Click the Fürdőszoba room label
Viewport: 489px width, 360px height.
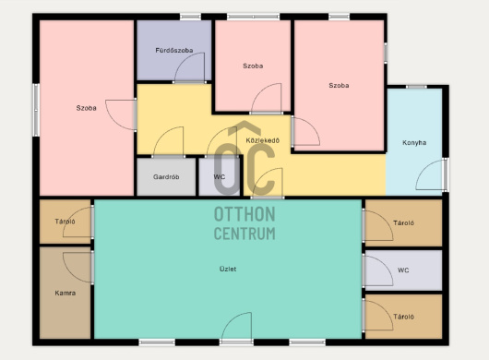[174, 50]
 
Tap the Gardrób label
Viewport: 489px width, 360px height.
[166, 177]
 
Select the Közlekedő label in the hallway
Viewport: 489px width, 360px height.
[263, 140]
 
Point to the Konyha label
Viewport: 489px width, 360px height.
[414, 142]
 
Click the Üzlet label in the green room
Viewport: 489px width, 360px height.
[228, 269]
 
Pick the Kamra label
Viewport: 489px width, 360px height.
[66, 293]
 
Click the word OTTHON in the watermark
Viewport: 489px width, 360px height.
[244, 214]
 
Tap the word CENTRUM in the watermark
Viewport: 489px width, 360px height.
[244, 234]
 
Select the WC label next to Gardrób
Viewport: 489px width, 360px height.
[220, 177]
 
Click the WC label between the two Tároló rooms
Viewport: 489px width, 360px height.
[403, 270]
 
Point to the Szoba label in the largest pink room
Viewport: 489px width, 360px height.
[87, 108]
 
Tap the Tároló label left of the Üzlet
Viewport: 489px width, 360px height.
[65, 222]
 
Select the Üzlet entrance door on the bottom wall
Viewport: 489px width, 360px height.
[236, 327]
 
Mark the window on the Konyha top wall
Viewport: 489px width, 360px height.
[416, 87]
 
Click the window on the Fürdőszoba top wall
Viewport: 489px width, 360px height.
[190, 17]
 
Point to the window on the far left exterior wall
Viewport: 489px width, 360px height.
[36, 110]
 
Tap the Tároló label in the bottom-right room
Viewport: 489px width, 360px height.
[403, 317]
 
